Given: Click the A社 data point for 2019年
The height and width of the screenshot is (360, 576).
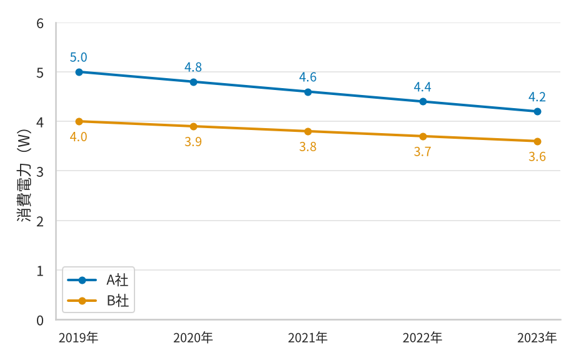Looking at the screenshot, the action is tap(79, 72).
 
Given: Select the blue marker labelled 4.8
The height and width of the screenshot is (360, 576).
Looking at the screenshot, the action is tap(194, 82).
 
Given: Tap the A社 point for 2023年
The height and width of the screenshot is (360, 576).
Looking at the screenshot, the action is tap(537, 111).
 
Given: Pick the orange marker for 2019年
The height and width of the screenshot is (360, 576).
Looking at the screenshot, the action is tap(79, 121).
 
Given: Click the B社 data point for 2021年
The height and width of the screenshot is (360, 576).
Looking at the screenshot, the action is tap(308, 131).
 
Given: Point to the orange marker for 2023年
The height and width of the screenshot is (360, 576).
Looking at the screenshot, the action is tap(537, 141).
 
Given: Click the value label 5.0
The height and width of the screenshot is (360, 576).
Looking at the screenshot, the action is tap(79, 57).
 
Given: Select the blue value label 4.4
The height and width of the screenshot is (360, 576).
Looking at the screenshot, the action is tap(422, 87).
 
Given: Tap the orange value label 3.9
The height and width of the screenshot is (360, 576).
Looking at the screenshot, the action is tap(193, 142).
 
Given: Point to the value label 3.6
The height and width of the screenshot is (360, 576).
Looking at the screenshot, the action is tap(537, 157).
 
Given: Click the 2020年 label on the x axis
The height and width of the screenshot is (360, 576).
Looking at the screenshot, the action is tap(193, 338).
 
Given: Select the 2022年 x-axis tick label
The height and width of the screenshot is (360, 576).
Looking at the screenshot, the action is tap(422, 338).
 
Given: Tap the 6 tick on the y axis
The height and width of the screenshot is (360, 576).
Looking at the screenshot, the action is tap(40, 24).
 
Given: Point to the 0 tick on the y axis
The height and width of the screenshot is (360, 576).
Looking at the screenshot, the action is tap(40, 321).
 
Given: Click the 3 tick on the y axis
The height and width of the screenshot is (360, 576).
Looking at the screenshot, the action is tap(40, 171).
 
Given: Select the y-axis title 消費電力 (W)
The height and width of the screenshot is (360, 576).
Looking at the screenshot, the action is tap(24, 176).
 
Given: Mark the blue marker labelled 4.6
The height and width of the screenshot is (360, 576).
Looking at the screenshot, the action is tap(308, 92).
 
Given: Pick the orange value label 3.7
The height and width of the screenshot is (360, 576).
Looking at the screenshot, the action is tap(422, 151).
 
